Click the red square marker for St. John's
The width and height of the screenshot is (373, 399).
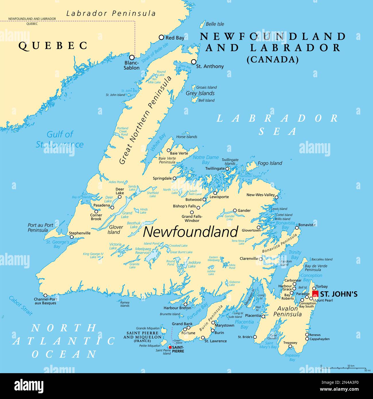click(x=315, y=294)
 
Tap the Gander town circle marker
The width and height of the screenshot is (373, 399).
click(x=235, y=210)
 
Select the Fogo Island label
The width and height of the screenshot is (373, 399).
click(x=270, y=163)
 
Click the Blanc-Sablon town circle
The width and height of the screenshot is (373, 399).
click(x=132, y=57)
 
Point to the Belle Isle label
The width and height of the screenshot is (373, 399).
click(x=215, y=24)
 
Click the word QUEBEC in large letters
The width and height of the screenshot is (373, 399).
click(x=53, y=46)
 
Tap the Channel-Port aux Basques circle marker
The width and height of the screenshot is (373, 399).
click(x=45, y=295)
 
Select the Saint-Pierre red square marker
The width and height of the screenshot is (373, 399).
click(x=170, y=347)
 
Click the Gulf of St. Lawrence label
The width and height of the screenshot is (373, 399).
click(x=60, y=139)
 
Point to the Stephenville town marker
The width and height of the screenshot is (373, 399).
click(x=72, y=237)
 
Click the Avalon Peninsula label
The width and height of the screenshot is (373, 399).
click(x=287, y=311)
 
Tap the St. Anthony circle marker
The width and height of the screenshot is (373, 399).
click(x=194, y=62)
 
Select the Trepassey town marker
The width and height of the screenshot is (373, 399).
click(x=290, y=346)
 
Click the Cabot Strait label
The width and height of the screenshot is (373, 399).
click(x=21, y=306)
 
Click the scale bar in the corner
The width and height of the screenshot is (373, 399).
click(x=343, y=368)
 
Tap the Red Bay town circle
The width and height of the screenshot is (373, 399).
click(x=161, y=37)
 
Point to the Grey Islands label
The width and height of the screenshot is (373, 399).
click(x=200, y=93)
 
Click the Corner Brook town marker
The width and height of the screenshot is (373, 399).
click(x=96, y=212)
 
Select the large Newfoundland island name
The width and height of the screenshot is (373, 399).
click(x=191, y=232)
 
